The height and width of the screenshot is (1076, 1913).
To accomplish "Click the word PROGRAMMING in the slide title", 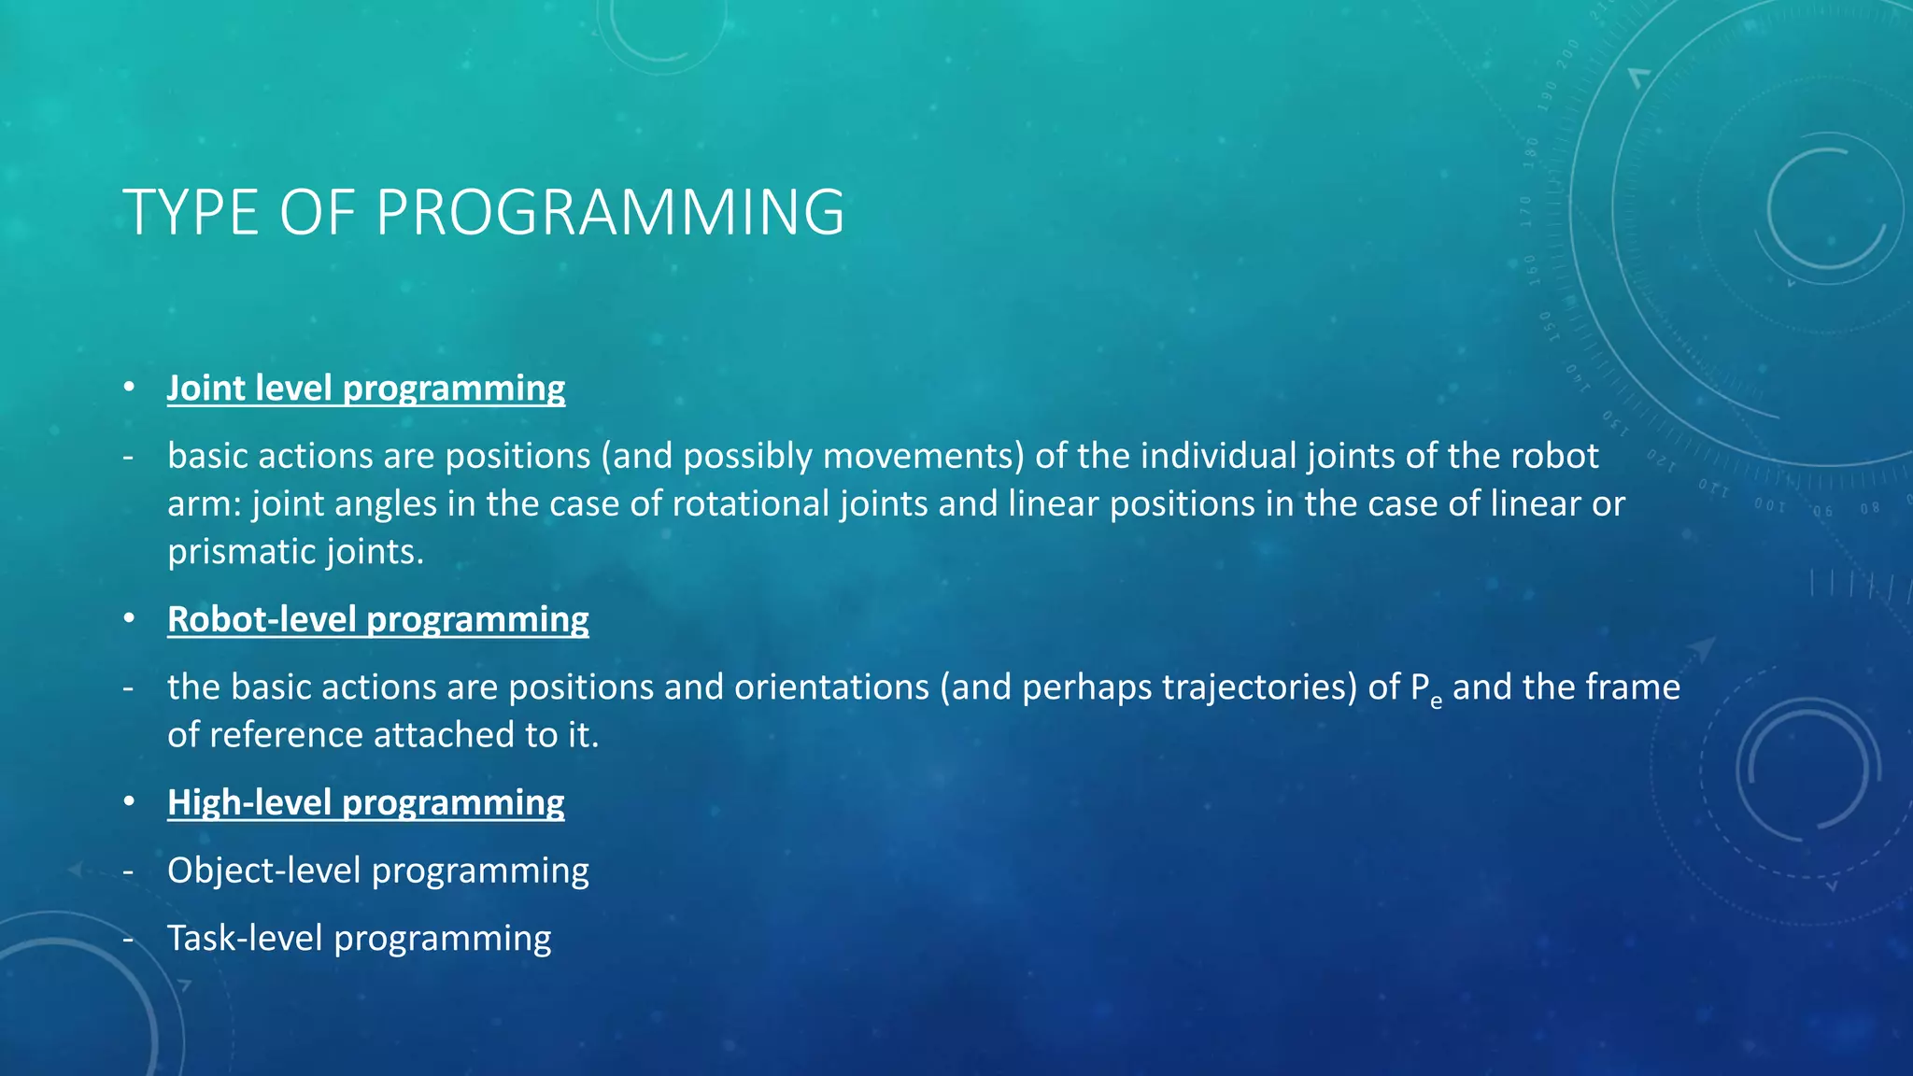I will (610, 213).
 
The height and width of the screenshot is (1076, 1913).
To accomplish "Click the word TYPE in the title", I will (191, 213).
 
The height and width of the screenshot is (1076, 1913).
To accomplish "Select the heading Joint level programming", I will (365, 388).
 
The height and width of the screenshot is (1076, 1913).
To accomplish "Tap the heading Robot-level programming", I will (377, 619).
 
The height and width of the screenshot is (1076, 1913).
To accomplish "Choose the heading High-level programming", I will (365, 802).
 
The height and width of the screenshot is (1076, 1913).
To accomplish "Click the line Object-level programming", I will (377, 871).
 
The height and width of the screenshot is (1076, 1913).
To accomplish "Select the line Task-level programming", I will (359, 938).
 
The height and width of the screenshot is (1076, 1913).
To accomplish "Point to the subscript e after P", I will (1436, 701).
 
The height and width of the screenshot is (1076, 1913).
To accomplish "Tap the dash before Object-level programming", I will (128, 871).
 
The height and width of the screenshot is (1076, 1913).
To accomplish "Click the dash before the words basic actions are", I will (128, 457).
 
